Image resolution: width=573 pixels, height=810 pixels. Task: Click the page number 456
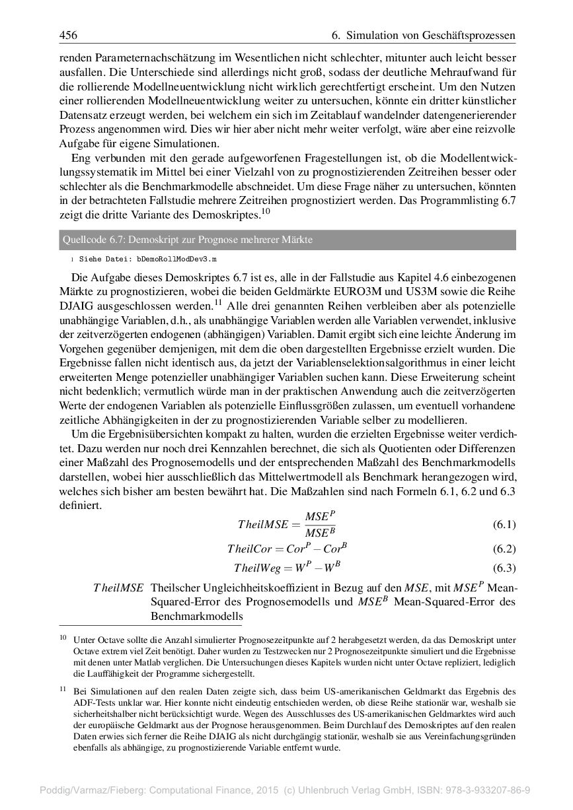pos(68,34)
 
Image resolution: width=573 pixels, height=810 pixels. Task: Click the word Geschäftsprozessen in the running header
pos(467,34)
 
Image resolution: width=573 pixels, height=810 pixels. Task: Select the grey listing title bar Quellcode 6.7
pos(287,240)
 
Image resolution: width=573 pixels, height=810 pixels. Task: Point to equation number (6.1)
pos(504,525)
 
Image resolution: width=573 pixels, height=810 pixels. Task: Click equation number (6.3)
pos(504,568)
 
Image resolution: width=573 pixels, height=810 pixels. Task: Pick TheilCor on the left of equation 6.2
pos(250,549)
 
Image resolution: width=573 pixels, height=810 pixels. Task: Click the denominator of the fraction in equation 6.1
pos(320,533)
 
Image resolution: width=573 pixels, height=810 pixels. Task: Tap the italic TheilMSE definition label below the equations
pos(118,588)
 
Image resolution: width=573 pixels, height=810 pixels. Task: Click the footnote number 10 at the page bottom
pos(63,638)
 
